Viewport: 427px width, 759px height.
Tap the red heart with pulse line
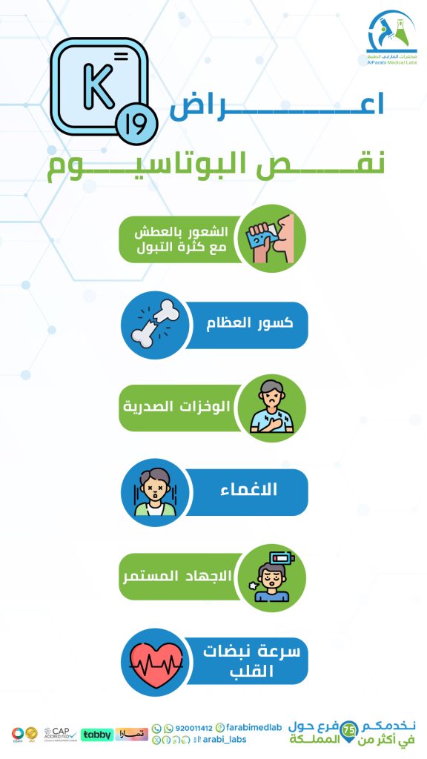tap(153, 660)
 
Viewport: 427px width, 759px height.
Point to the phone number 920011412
tap(188, 728)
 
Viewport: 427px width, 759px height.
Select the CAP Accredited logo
tap(61, 733)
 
